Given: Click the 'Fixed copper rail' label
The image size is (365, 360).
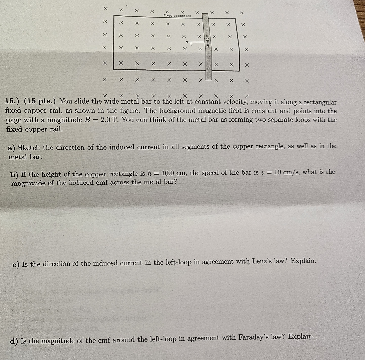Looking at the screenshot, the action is pos(177,16).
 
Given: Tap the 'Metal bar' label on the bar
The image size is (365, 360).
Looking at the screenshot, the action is pos(208,41).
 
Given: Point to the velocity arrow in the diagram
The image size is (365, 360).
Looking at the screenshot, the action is pos(192,42).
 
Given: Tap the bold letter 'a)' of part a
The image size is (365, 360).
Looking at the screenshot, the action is pos(11,148).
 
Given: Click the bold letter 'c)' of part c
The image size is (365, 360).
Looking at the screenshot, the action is pos(16,265).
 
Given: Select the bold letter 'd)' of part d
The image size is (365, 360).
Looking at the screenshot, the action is pos(14,341).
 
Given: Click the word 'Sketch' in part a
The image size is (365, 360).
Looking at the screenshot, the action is pos(29,148).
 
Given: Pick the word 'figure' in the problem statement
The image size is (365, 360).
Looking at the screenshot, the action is pos(128,111).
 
